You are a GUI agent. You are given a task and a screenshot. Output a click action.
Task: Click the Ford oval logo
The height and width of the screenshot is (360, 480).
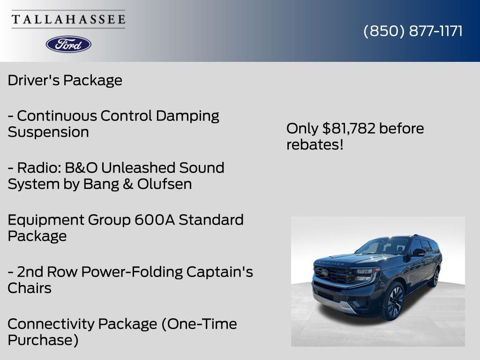pos(68,44)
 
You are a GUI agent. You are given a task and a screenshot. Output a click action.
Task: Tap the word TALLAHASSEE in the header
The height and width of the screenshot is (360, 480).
pos(68,20)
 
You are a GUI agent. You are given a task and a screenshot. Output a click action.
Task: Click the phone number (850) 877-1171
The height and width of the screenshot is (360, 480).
pos(413,31)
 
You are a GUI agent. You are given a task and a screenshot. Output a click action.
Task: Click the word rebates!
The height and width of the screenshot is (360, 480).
pos(315,145)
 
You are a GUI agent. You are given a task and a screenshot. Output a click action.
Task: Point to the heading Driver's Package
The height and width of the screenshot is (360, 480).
pos(65,80)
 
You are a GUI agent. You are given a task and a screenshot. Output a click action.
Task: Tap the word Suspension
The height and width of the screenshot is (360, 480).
pos(48,132)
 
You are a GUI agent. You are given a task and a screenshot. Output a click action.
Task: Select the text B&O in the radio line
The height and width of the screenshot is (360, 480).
pos(76,168)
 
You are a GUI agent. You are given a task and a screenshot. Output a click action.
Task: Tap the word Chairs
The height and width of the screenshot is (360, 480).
pos(30,288)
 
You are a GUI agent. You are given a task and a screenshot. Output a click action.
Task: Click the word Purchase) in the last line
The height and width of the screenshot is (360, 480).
pos(43,340)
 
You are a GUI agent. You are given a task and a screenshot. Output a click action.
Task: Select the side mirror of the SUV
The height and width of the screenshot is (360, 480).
pos(419,252)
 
